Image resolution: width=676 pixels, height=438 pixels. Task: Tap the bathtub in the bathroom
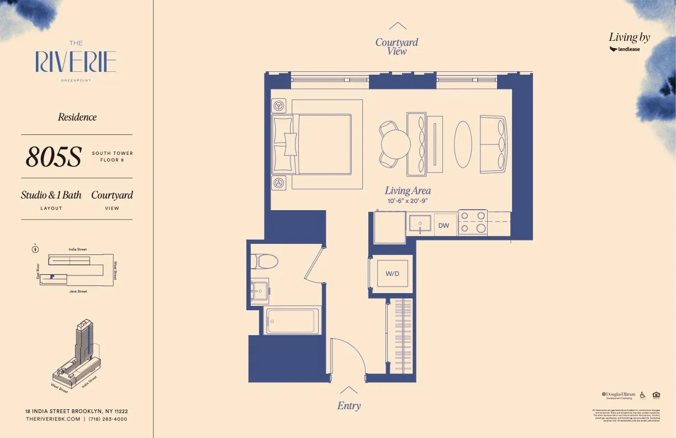click(x=292, y=321)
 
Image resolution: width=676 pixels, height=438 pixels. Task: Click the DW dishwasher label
click(x=443, y=226)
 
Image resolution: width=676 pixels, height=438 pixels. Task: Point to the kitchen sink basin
click(x=420, y=224)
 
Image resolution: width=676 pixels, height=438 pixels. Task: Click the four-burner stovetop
click(x=473, y=222)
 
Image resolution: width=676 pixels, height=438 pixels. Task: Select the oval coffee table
click(x=463, y=144)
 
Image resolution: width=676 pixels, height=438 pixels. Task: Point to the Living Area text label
click(x=408, y=191)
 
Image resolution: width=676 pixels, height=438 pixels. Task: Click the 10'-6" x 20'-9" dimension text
click(x=408, y=201)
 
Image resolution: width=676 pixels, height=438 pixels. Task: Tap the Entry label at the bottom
click(x=349, y=405)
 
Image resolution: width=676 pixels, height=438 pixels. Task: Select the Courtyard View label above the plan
click(x=397, y=46)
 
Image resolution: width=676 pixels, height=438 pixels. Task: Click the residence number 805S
click(x=53, y=157)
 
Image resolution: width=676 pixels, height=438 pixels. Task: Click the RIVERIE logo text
click(x=76, y=61)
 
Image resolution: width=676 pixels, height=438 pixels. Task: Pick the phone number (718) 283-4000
click(x=108, y=419)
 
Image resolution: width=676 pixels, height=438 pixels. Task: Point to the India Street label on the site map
click(x=77, y=249)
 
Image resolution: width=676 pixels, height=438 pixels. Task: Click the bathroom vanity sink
click(x=260, y=289)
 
